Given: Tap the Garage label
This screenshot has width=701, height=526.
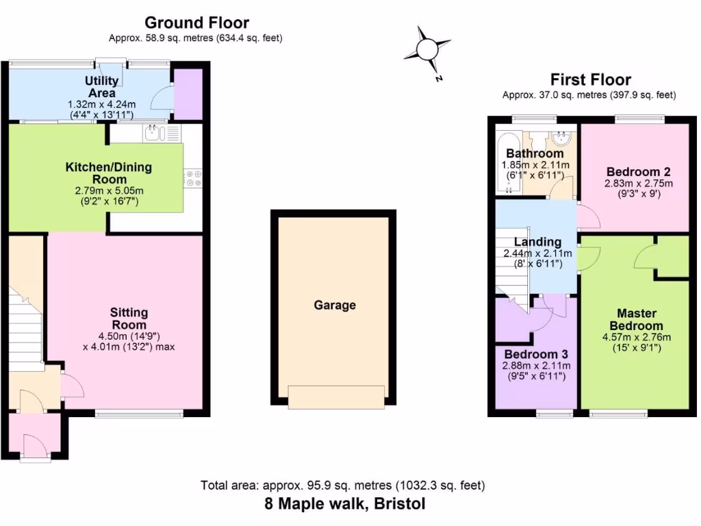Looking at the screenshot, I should pyautogui.click(x=335, y=305).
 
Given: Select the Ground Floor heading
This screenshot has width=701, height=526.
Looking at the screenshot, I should pyautogui.click(x=196, y=23).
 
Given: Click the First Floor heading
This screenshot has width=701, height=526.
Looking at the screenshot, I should pyautogui.click(x=591, y=80).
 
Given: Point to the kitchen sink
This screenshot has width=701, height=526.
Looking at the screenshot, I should pyautogui.click(x=155, y=133).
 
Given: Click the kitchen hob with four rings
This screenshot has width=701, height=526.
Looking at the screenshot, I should pyautogui.click(x=192, y=179).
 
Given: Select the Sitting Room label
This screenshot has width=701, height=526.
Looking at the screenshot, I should pyautogui.click(x=129, y=318).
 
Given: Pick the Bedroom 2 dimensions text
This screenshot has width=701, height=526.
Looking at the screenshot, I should pyautogui.click(x=638, y=189).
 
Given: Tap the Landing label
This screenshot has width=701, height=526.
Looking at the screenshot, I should pyautogui.click(x=537, y=242).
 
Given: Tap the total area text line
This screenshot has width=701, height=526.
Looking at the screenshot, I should pyautogui.click(x=343, y=486).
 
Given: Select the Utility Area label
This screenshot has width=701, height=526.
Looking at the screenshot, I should pyautogui.click(x=102, y=86).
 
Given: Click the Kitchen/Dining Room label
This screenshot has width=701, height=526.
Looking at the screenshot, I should pyautogui.click(x=108, y=173).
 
